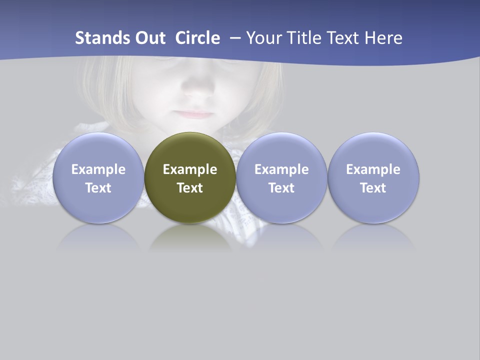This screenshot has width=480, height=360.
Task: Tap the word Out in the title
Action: coord(149,38)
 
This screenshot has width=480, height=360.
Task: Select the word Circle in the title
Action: coord(197,38)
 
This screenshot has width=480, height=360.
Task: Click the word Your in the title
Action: coord(263,38)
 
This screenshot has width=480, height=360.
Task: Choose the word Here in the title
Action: coord(383,38)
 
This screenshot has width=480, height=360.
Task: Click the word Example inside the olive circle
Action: coord(190,169)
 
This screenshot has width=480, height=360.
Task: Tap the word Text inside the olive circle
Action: coord(190,188)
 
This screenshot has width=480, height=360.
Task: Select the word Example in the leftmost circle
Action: coord(98,169)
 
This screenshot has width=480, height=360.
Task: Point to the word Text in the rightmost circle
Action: coord(373,188)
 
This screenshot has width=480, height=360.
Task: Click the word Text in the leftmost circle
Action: coord(98,188)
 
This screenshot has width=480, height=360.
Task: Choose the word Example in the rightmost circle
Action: coord(373,169)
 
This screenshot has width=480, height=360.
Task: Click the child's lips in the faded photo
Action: coord(194,113)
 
